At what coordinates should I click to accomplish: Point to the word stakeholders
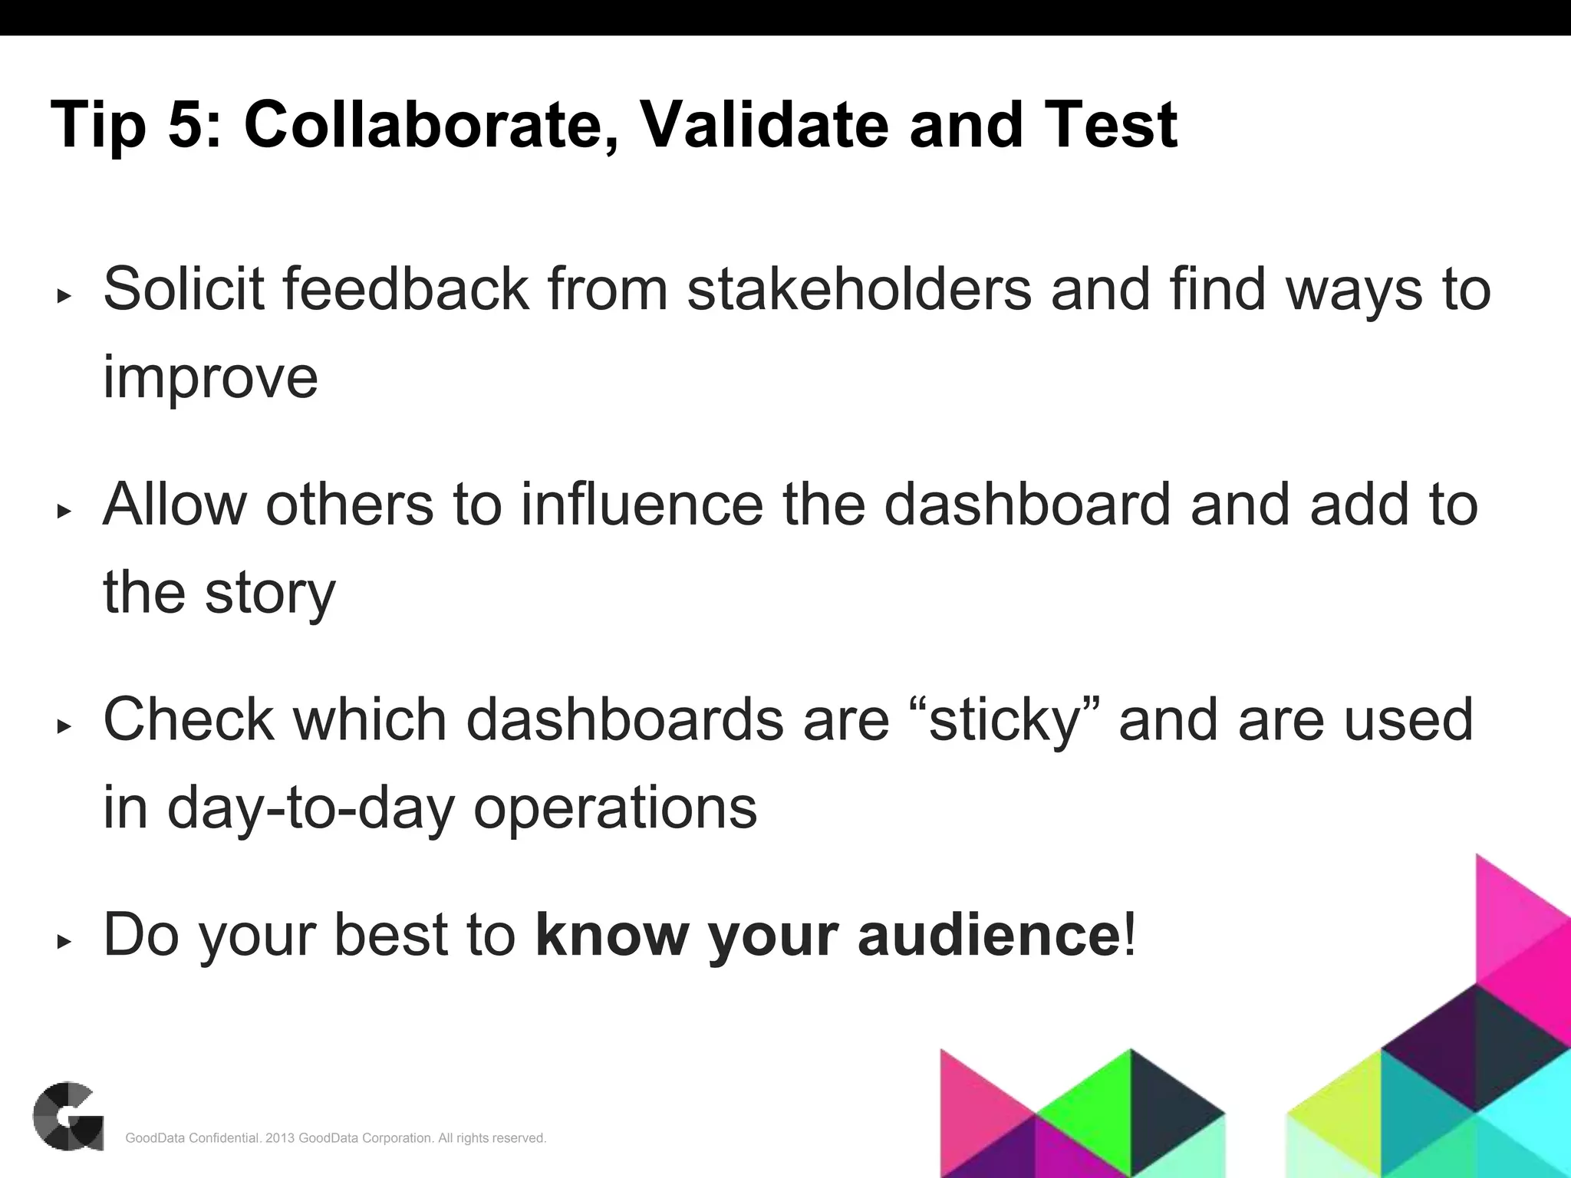pyautogui.click(x=859, y=289)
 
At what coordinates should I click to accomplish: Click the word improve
pyautogui.click(x=210, y=377)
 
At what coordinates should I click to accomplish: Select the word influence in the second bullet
pyautogui.click(x=642, y=505)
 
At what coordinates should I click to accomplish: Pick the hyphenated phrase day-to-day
pyautogui.click(x=311, y=808)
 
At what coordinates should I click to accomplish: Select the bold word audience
pyautogui.click(x=990, y=936)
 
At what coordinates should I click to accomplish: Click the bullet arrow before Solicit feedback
pyautogui.click(x=64, y=296)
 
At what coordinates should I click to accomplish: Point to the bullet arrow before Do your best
pyautogui.click(x=64, y=942)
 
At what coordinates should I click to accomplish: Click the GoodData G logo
pyautogui.click(x=68, y=1116)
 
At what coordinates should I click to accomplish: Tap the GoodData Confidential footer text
pyautogui.click(x=335, y=1138)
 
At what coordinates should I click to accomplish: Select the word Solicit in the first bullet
pyautogui.click(x=183, y=289)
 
